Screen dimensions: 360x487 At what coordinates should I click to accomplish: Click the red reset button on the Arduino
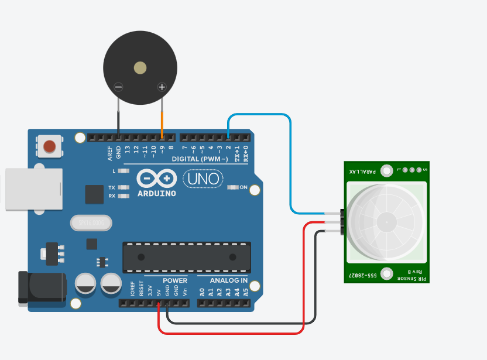coord(50,145)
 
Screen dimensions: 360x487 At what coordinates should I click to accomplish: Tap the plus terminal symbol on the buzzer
coord(162,87)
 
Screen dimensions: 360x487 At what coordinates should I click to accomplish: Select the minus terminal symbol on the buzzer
coord(118,87)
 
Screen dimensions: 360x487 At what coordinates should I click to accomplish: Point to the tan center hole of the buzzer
coord(140,68)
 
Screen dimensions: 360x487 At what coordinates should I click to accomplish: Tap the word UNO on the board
coord(204,179)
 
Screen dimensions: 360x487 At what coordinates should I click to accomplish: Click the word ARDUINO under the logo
coord(157,193)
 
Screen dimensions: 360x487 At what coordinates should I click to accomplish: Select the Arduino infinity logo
coord(157,178)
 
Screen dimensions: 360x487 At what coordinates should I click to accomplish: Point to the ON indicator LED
coord(233,188)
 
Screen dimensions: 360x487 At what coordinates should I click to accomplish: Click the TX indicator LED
coord(123,187)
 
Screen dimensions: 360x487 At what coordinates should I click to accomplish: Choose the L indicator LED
coord(123,171)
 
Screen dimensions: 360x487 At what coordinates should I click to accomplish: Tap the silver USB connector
coord(32,189)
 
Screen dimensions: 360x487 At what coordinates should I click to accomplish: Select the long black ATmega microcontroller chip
coord(186,257)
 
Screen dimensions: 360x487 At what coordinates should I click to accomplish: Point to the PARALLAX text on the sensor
coord(361,171)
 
